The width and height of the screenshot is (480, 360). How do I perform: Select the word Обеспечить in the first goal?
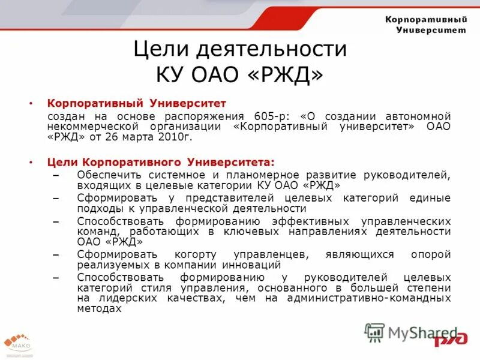pyautogui.click(x=105, y=175)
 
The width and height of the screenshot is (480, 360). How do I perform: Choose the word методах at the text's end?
pyautogui.click(x=99, y=308)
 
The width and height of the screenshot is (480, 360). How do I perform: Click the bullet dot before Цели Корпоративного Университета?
pyautogui.click(x=32, y=162)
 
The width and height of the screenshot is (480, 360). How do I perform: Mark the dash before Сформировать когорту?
pyautogui.click(x=56, y=254)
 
